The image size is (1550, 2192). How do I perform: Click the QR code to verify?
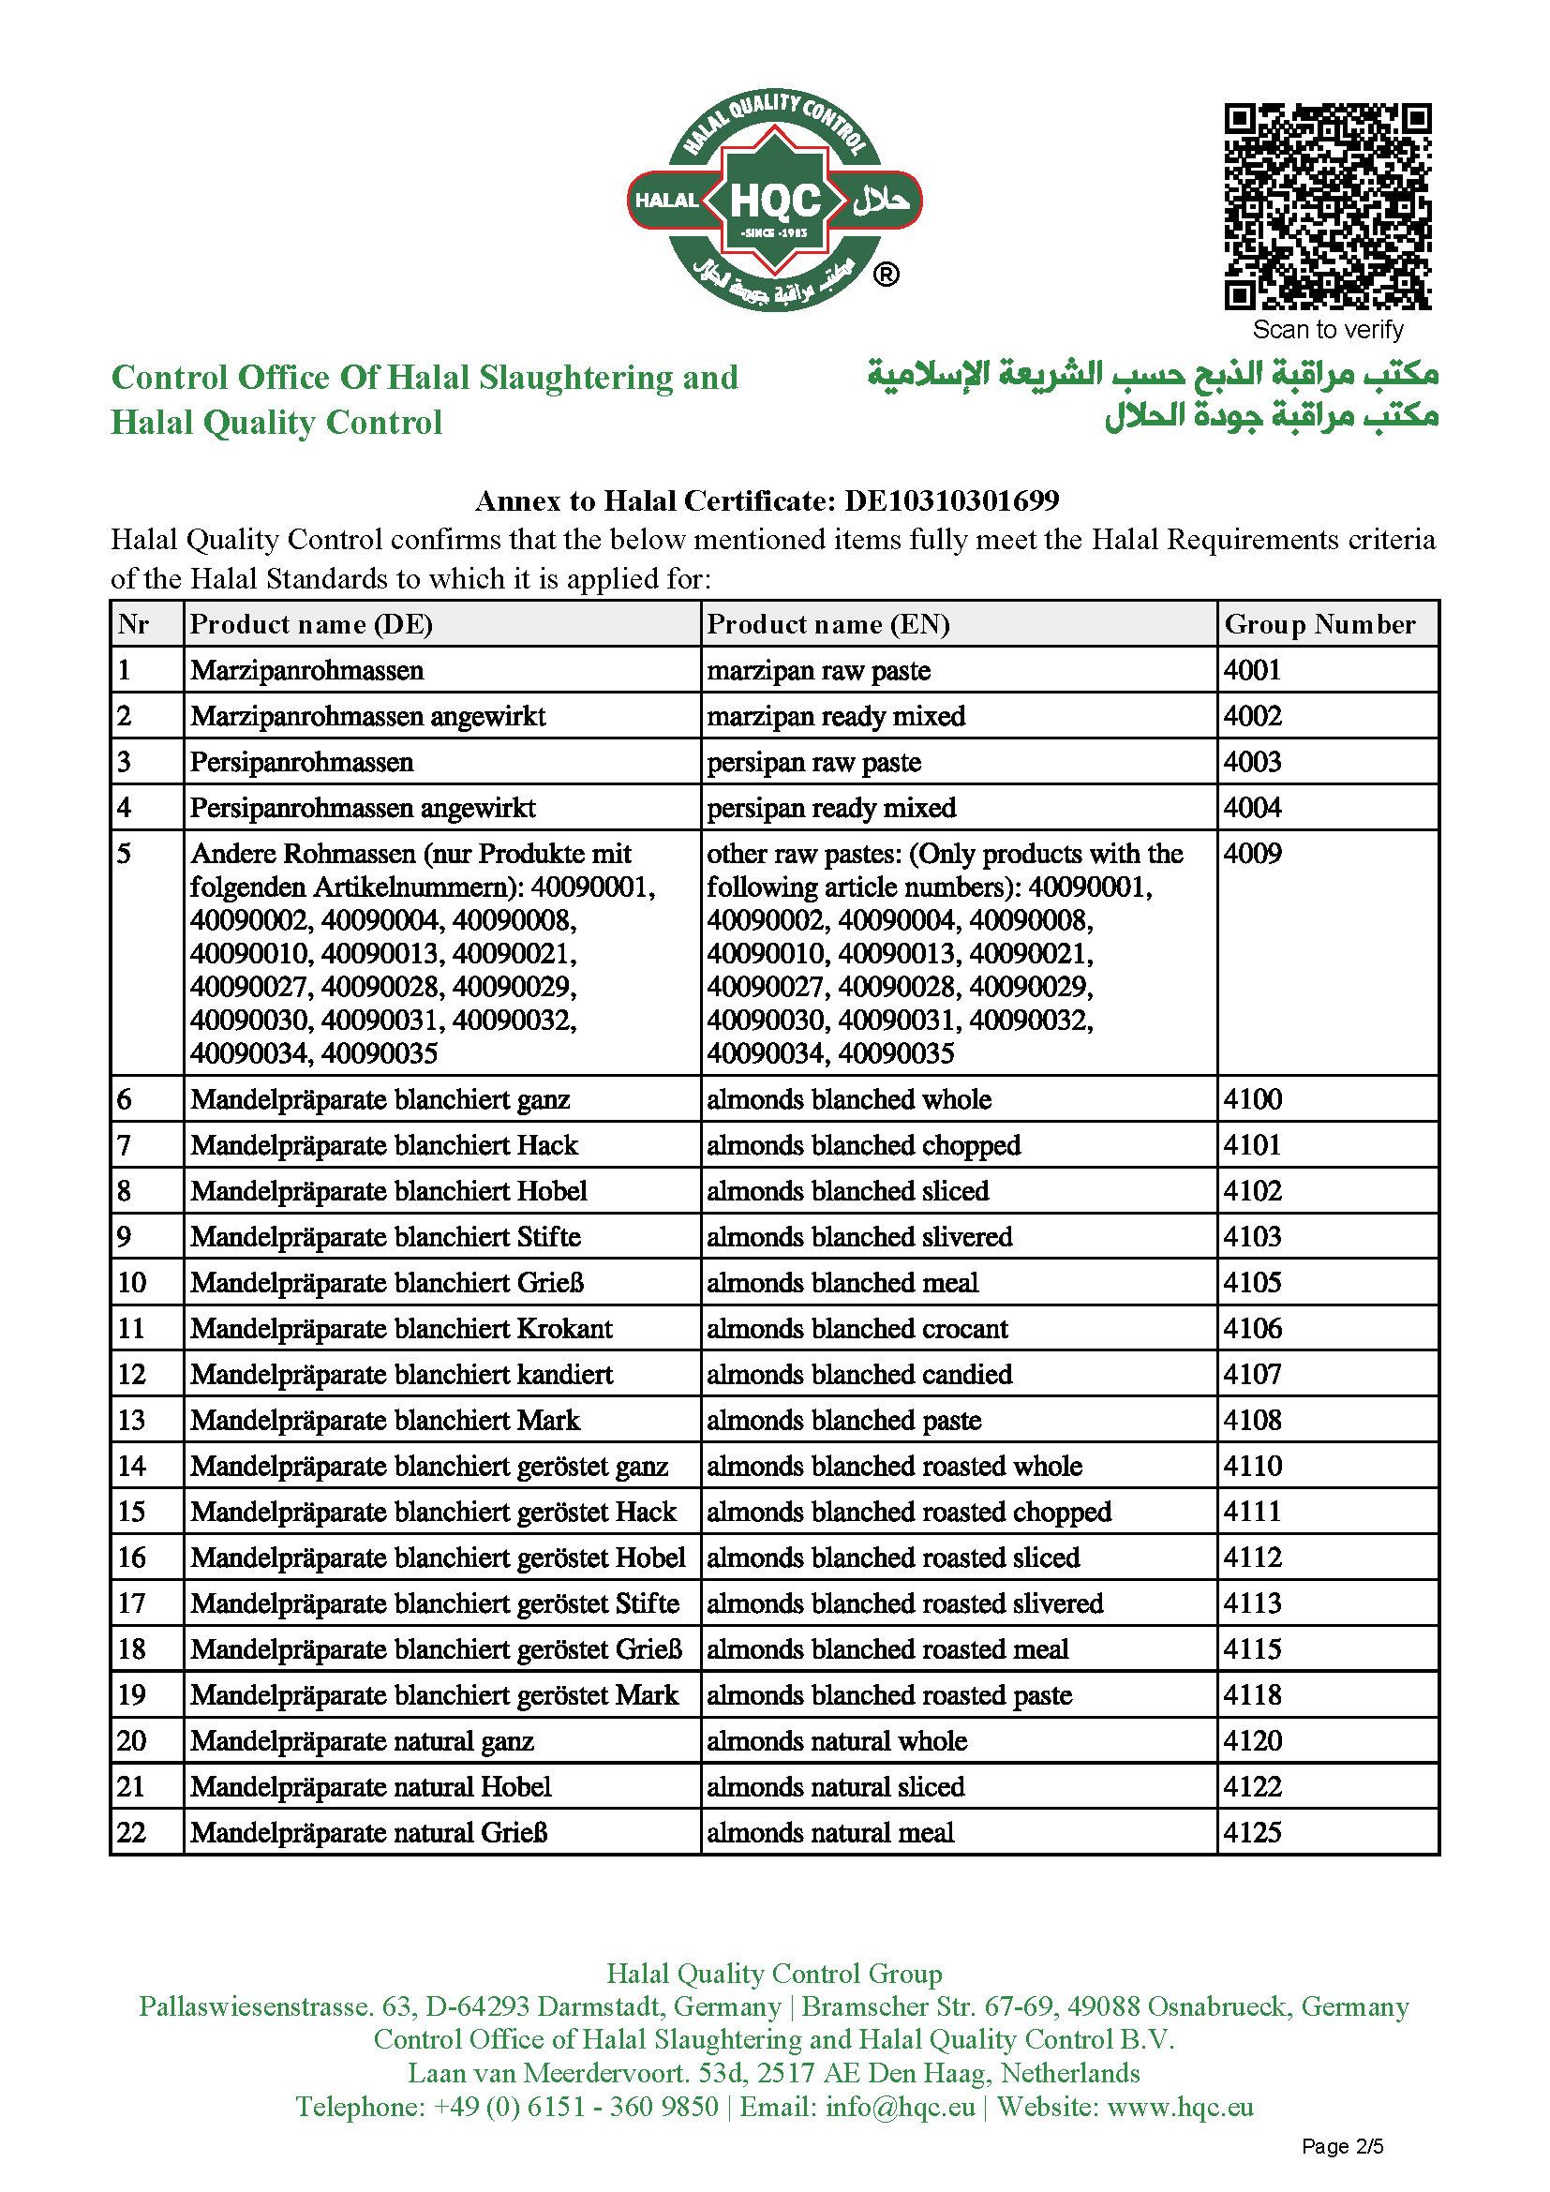[1328, 206]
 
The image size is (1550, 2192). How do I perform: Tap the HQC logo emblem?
[774, 201]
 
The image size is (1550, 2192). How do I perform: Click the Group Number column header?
[1319, 624]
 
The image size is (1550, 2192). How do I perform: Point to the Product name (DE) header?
[311, 624]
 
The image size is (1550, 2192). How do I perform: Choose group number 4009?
[1252, 854]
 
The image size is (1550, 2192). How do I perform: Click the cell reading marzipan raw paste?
[818, 670]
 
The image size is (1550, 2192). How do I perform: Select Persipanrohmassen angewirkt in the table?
[363, 808]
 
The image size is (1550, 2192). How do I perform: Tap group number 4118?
[1252, 1694]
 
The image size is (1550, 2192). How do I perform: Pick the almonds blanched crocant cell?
[857, 1328]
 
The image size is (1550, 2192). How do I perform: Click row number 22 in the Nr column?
[132, 1832]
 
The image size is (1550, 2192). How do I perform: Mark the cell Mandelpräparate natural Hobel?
[370, 1786]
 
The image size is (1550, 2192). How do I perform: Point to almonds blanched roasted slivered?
[905, 1603]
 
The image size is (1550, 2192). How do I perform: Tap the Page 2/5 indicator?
[1342, 2146]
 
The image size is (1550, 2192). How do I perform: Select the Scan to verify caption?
[1328, 329]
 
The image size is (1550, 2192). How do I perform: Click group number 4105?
[1252, 1282]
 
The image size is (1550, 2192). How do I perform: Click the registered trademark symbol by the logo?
[886, 275]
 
